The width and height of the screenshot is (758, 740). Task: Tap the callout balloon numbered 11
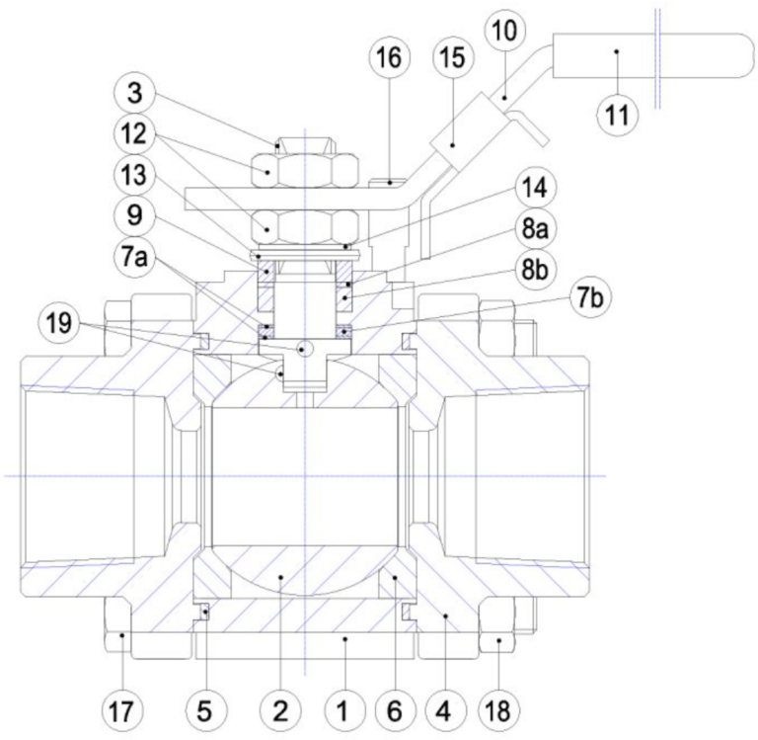(x=617, y=115)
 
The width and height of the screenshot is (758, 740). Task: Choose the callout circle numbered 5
(x=204, y=709)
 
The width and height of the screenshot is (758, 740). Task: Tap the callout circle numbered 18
(x=498, y=709)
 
